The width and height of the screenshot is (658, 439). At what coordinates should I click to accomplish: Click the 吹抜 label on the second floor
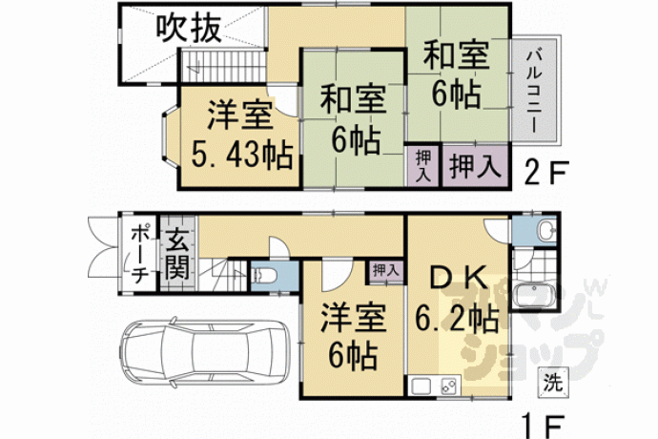click(x=189, y=29)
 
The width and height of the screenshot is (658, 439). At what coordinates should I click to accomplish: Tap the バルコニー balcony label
click(x=535, y=92)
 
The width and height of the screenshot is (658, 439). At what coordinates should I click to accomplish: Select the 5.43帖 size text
click(x=242, y=155)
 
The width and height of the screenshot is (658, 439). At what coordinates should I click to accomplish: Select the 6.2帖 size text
click(x=457, y=319)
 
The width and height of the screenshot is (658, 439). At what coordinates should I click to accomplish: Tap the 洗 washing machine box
click(x=553, y=383)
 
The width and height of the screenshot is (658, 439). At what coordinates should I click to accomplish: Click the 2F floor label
click(x=546, y=173)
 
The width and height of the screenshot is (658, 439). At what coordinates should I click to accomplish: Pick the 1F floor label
click(x=542, y=426)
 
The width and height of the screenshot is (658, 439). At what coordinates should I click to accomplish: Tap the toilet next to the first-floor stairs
click(x=264, y=277)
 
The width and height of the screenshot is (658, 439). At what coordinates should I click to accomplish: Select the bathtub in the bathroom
click(x=534, y=295)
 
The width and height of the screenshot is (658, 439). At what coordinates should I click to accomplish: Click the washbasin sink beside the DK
click(x=546, y=230)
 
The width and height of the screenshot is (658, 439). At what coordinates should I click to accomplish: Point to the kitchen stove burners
click(x=449, y=387)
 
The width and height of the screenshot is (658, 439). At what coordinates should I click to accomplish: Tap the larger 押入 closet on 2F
click(x=476, y=165)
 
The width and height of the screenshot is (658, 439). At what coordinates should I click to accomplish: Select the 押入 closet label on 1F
click(x=385, y=270)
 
